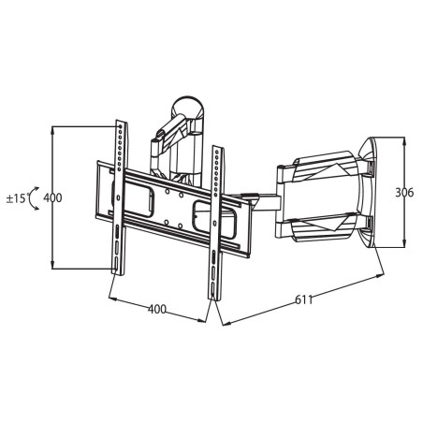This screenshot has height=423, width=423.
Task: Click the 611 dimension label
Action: [x=304, y=299]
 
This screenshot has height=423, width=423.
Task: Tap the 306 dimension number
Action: [x=404, y=193]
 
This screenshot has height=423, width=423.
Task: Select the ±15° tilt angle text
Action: [x=17, y=198]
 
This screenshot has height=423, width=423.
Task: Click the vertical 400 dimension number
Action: [x=52, y=197]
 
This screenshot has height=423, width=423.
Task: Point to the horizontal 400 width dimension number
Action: [x=157, y=309]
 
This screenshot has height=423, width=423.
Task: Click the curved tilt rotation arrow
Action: [x=31, y=198]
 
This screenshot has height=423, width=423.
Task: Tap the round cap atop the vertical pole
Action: [x=188, y=107]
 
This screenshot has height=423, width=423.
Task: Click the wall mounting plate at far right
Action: [x=368, y=192]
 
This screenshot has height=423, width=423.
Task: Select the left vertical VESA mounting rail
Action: [x=120, y=197]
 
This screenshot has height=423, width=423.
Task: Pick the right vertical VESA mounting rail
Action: [x=217, y=223]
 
